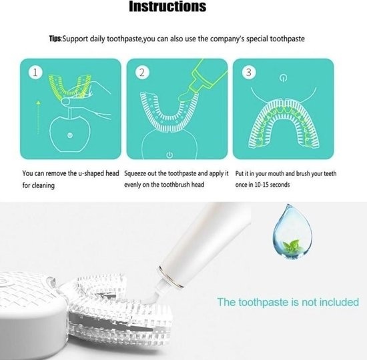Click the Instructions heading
tap(167, 6)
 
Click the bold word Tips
tap(55, 39)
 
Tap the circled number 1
tap(35, 72)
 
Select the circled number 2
tap(142, 72)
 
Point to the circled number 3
tap(249, 72)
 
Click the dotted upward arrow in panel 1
tap(39, 117)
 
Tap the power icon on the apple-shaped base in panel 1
tap(70, 135)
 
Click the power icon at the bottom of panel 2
tap(169, 155)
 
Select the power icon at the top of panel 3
tap(283, 78)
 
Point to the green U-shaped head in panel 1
tap(69, 87)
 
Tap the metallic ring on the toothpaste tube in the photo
tap(170, 277)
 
